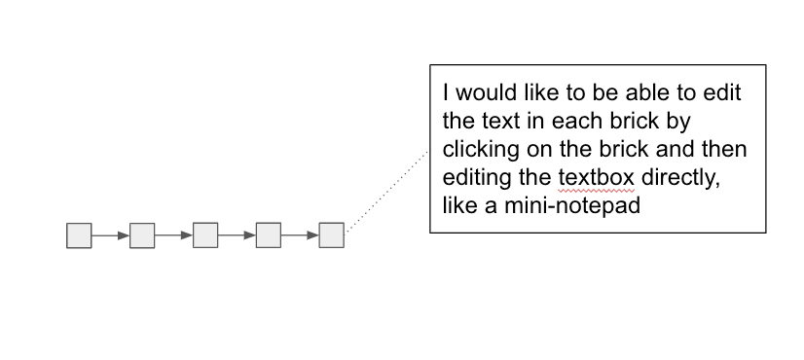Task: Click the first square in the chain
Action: click(x=79, y=235)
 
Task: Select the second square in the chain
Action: click(x=142, y=235)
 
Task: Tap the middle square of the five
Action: click(x=205, y=235)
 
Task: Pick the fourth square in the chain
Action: click(x=269, y=235)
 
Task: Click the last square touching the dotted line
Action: click(x=332, y=235)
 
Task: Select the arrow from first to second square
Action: click(x=110, y=235)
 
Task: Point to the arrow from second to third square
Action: click(x=173, y=235)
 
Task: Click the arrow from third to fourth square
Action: click(x=237, y=235)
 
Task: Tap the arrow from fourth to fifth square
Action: click(x=300, y=235)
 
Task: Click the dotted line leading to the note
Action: click(x=387, y=191)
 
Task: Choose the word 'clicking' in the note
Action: click(x=479, y=151)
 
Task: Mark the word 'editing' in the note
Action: click(x=474, y=179)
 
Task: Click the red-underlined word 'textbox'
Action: click(x=595, y=179)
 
